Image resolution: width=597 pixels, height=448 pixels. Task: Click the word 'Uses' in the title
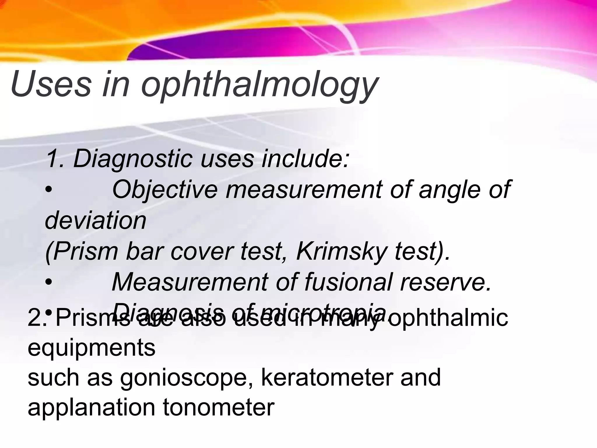(x=51, y=85)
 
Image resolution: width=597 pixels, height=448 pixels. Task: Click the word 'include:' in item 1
(x=305, y=159)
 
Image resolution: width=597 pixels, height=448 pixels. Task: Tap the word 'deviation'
(x=96, y=220)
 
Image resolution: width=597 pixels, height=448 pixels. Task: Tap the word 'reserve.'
(x=446, y=282)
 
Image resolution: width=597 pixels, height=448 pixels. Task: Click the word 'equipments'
(x=92, y=348)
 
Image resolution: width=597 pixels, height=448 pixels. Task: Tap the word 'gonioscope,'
(x=186, y=378)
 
